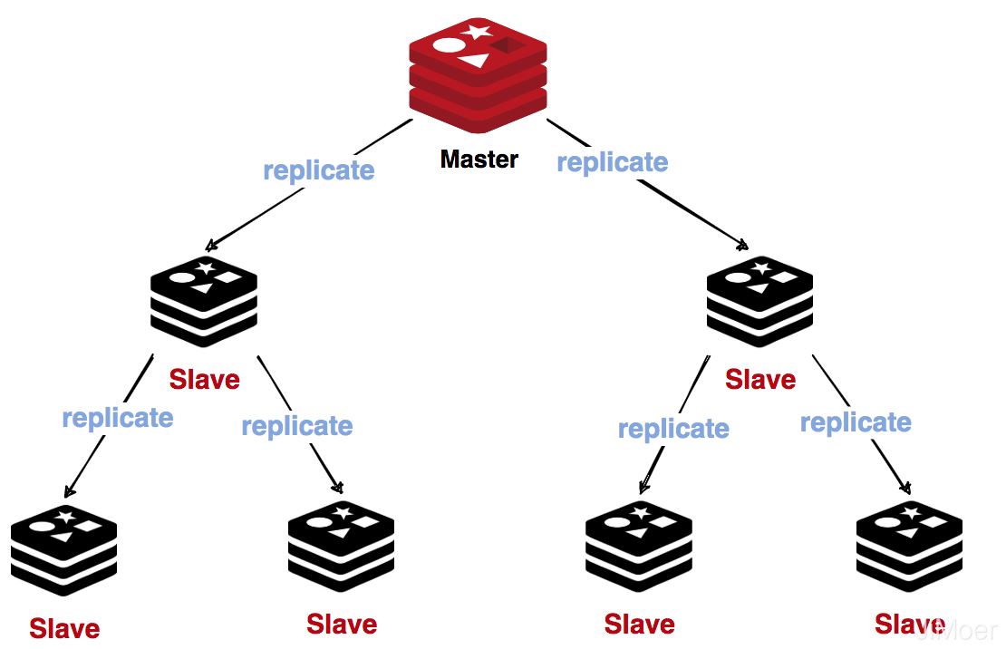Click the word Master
479,160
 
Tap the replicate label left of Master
319,170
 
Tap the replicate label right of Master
613,162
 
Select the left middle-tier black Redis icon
204,302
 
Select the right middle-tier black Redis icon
759,302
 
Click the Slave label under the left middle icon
204,379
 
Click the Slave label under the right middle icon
759,379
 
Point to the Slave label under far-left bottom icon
64,628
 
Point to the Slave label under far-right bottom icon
909,624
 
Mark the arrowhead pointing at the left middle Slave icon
210,246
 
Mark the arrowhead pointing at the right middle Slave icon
744,245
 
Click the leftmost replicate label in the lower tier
118,418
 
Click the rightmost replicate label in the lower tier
856,422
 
